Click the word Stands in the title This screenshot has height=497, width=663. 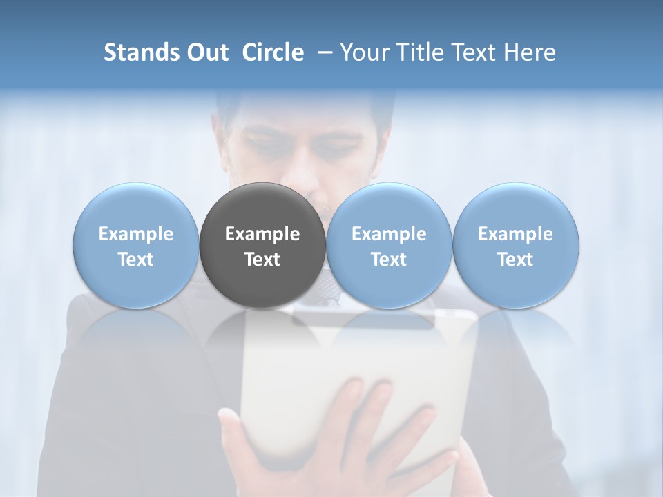pyautogui.click(x=140, y=52)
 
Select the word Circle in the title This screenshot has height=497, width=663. pyautogui.click(x=273, y=52)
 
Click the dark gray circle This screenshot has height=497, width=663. pyautogui.click(x=262, y=245)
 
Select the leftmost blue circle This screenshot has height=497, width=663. pyautogui.click(x=136, y=245)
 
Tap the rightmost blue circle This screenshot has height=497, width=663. pyautogui.click(x=515, y=245)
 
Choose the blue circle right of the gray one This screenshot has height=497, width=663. pyautogui.click(x=389, y=245)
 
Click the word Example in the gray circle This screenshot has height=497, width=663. pyautogui.click(x=262, y=234)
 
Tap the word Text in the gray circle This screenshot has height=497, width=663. pyautogui.click(x=262, y=260)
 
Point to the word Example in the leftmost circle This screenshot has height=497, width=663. pyautogui.click(x=136, y=234)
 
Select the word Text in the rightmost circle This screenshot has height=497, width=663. pyautogui.click(x=515, y=260)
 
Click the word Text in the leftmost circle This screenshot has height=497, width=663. pyautogui.click(x=136, y=260)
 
